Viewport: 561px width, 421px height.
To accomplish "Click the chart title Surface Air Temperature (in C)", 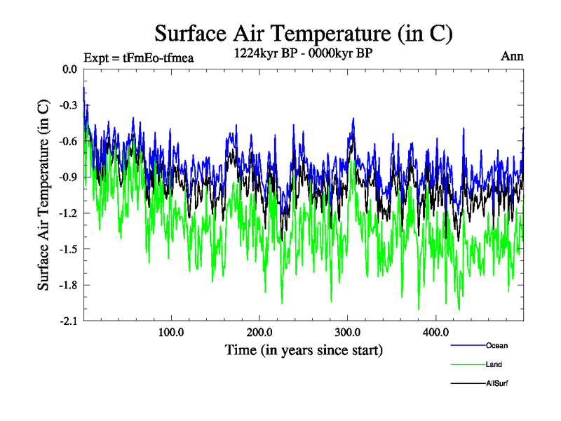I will [x=304, y=33].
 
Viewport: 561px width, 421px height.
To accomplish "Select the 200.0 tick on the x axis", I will [x=259, y=332].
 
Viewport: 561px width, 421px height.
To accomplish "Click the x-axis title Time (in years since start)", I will [x=304, y=349].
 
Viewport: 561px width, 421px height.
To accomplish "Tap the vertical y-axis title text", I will [x=43, y=195].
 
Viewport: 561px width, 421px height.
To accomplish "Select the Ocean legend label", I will [x=496, y=345].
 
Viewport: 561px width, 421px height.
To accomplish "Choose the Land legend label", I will [x=494, y=365].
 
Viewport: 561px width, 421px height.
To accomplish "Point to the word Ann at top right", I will [x=512, y=56].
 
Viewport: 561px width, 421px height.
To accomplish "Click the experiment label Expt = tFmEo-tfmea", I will [x=138, y=57].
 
